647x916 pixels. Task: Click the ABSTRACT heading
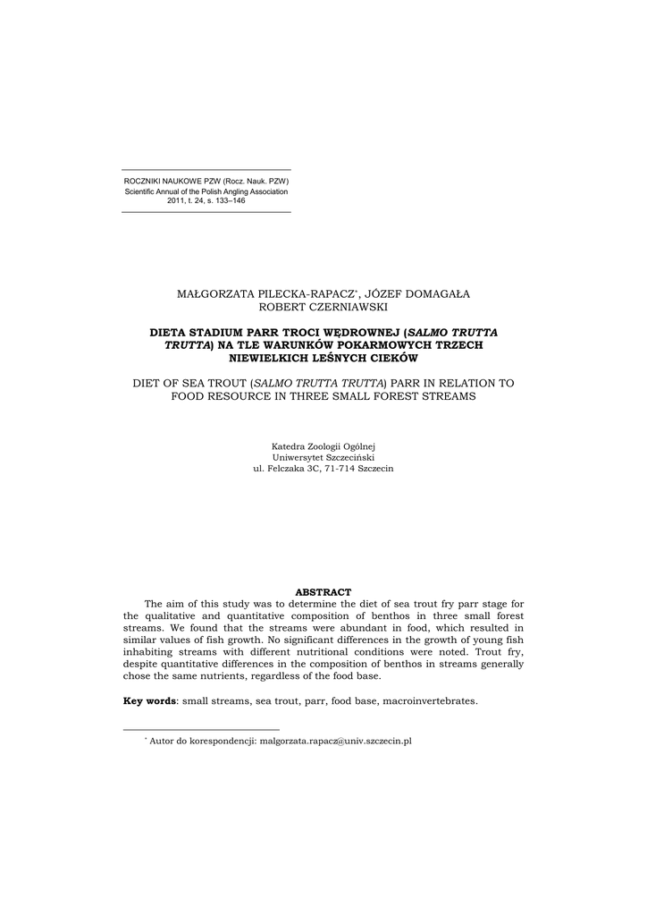[x=323, y=592]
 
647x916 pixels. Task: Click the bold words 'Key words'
[x=149, y=700]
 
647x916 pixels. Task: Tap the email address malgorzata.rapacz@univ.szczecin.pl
[x=335, y=742]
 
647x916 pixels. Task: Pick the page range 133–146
[x=225, y=201]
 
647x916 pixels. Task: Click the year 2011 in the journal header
[x=177, y=201]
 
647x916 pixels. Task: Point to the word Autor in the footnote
[x=164, y=742]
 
